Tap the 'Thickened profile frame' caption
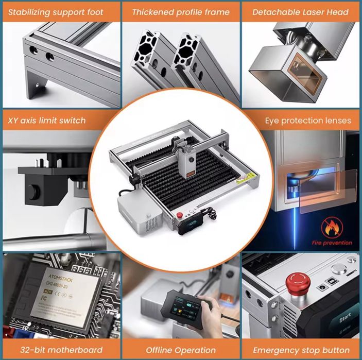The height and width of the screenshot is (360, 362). tap(180, 12)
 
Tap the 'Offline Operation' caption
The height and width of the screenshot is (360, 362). tap(180, 350)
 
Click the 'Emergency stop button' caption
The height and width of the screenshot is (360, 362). tap(302, 350)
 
